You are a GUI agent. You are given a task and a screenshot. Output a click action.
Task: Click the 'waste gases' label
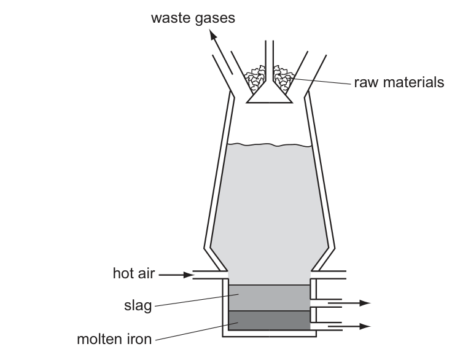(193, 18)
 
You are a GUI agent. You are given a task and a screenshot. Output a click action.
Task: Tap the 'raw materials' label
(399, 82)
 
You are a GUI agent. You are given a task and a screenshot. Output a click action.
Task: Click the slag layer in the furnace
(269, 297)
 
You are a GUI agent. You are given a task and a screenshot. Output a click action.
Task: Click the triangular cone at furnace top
(268, 93)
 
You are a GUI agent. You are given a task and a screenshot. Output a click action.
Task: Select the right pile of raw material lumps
(283, 78)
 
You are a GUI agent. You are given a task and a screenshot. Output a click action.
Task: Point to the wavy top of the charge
(268, 145)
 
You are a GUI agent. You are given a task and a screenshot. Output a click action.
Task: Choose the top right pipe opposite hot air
(332, 275)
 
